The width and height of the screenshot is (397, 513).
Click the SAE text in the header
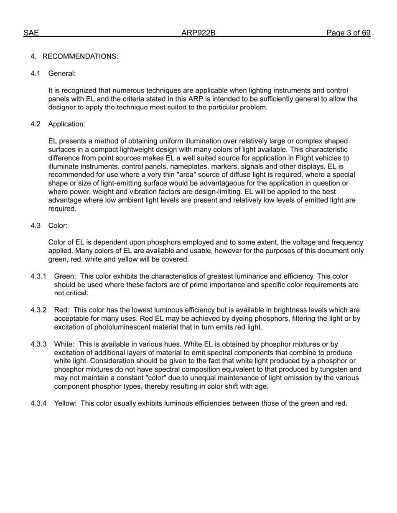(x=31, y=33)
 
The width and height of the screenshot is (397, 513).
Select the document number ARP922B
(x=198, y=33)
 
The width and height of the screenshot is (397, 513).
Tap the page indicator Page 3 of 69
(x=348, y=33)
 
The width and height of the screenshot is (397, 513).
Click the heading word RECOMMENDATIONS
(x=80, y=57)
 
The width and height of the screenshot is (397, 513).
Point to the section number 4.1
(x=36, y=74)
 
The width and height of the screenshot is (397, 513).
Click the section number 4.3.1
(x=38, y=277)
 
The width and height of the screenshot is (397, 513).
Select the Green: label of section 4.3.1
(x=65, y=277)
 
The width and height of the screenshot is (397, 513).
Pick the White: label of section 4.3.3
(x=64, y=345)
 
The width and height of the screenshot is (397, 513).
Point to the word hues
(x=173, y=345)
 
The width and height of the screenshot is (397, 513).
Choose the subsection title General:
(x=62, y=74)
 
